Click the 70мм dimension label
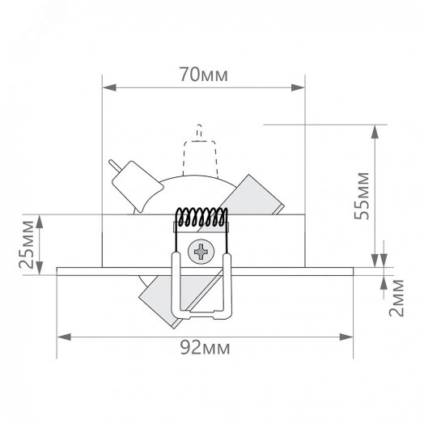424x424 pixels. click(203, 75)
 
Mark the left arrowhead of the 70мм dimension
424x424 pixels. click(108, 85)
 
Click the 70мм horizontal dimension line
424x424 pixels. click(162, 85)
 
